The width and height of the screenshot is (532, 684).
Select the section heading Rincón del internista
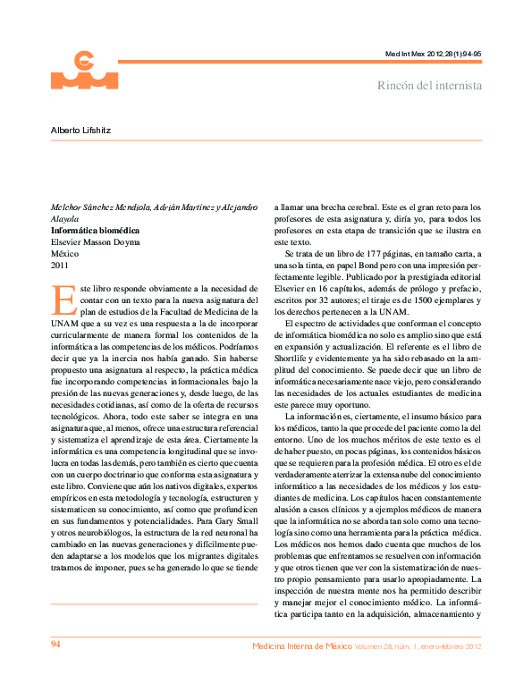point(430,86)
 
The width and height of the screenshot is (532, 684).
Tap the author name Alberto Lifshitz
point(80,130)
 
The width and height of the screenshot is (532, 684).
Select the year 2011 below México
point(59,266)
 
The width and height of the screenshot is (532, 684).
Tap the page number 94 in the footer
point(55,645)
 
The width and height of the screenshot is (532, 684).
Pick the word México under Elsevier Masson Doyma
point(64,254)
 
